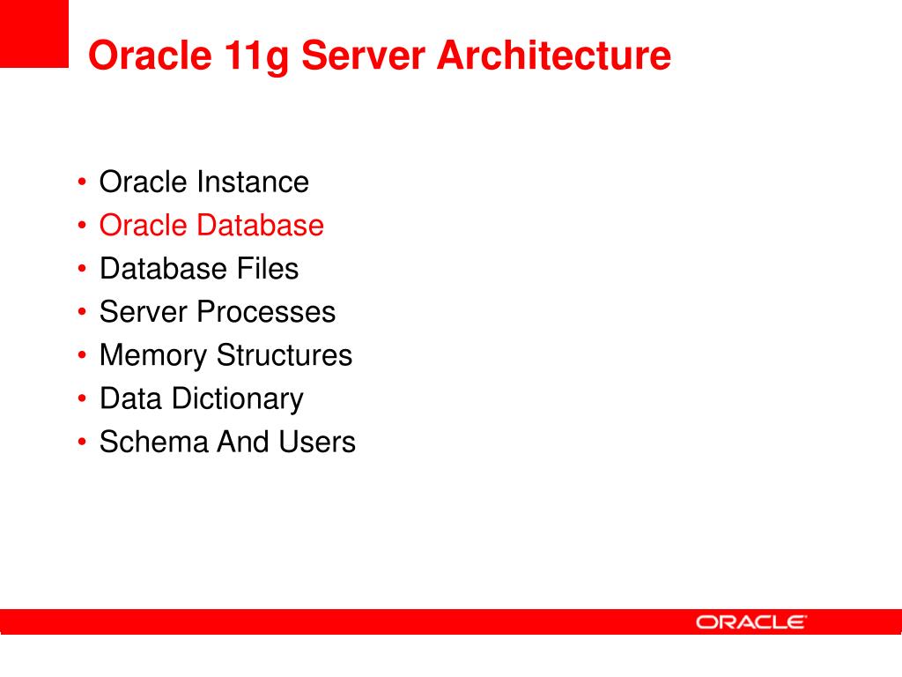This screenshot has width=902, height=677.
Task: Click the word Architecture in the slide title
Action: pos(554,56)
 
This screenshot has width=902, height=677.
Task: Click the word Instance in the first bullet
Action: pos(252,182)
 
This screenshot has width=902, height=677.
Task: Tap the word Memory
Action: pos(153,356)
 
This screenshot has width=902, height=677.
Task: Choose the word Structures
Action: pos(284,355)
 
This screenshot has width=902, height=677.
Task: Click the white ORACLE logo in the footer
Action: pos(751,622)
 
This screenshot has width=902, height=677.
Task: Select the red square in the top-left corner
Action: pos(33,33)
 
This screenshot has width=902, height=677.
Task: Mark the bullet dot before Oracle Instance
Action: pos(82,183)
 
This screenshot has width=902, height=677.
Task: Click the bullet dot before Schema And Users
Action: pos(82,443)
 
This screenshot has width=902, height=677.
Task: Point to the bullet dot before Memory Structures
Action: pos(82,356)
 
